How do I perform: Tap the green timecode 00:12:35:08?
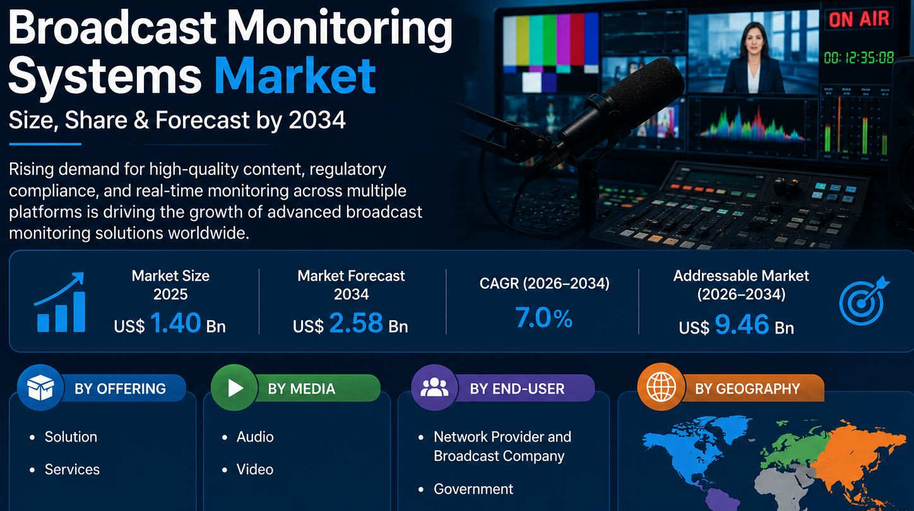(859, 58)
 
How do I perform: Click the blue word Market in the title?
(295, 76)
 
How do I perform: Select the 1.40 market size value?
(175, 323)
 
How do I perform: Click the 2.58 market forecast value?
(356, 323)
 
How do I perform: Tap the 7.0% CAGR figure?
(544, 318)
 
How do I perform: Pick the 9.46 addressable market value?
(742, 324)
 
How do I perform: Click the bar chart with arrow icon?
(61, 303)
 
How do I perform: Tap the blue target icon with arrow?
(864, 301)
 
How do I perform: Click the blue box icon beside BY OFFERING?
(40, 387)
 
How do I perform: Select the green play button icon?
(234, 387)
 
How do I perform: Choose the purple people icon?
(434, 387)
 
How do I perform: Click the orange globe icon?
(661, 387)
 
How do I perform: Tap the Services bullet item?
(72, 469)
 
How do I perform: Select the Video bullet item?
(254, 469)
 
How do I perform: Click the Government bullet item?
(473, 489)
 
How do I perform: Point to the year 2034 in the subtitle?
(317, 120)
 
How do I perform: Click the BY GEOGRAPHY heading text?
(747, 388)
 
